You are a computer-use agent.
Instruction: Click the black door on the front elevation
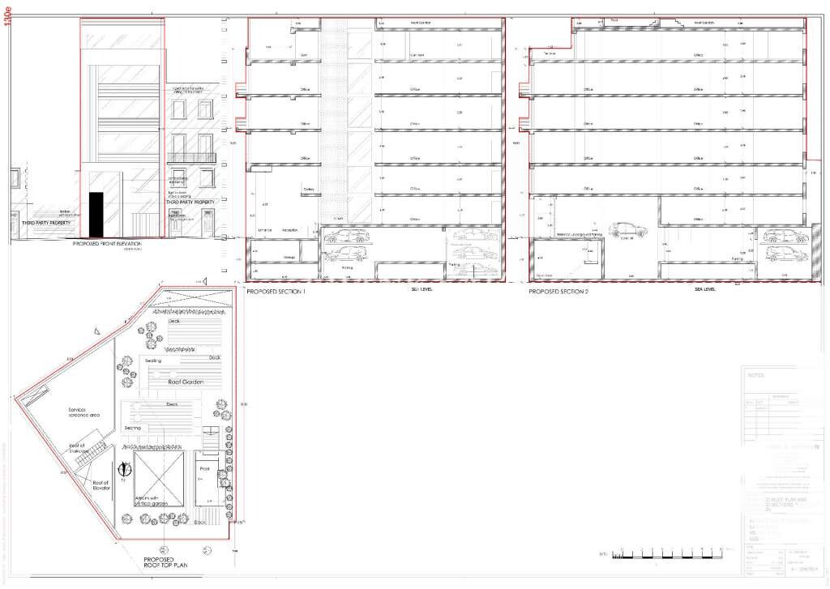(x=96, y=216)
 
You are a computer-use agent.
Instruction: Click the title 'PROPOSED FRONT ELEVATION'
(x=107, y=243)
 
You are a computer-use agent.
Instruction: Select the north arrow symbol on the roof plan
(x=125, y=468)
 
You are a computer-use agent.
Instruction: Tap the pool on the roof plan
(x=204, y=483)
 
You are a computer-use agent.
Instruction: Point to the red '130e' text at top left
(x=9, y=17)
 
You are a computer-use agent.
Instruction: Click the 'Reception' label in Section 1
(x=289, y=231)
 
